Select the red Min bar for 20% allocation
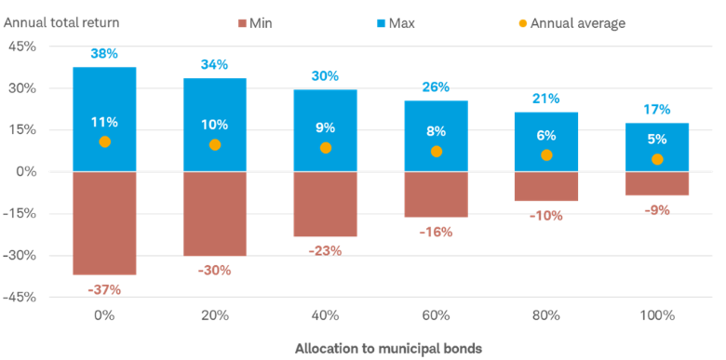click(x=215, y=214)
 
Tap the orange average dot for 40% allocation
click(x=325, y=148)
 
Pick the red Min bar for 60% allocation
click(x=436, y=195)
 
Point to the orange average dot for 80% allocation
click(x=546, y=155)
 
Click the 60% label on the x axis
click(x=436, y=315)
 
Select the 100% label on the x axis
click(x=657, y=315)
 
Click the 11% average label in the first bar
click(x=104, y=122)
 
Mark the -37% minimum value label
click(x=104, y=289)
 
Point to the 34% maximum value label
click(x=215, y=65)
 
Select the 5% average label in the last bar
click(x=657, y=139)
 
